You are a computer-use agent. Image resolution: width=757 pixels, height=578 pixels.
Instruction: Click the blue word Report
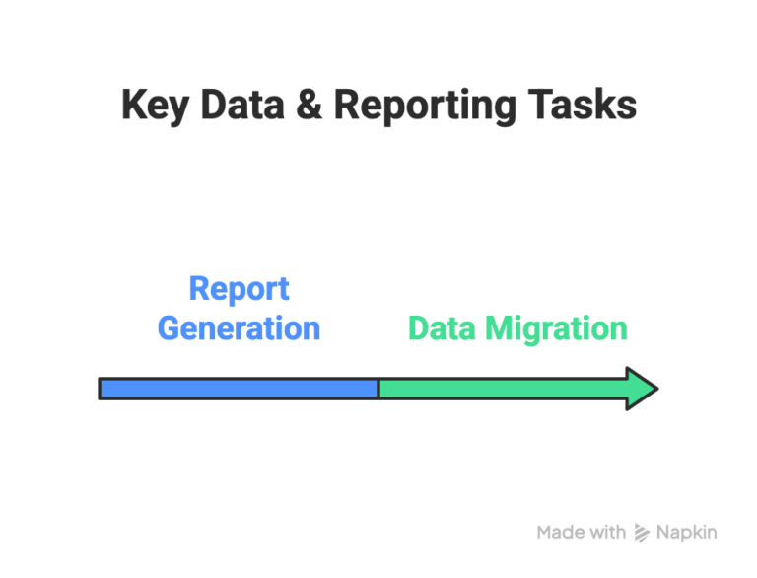(x=240, y=289)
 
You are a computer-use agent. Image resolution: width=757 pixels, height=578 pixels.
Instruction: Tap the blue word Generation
(x=240, y=328)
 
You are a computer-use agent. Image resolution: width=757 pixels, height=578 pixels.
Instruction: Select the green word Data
(x=443, y=328)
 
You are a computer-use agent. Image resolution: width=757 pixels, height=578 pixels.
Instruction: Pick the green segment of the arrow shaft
(x=503, y=389)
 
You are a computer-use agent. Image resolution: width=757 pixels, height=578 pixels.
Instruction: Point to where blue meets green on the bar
(x=379, y=389)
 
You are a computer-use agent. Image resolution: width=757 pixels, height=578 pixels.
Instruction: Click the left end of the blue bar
(x=103, y=389)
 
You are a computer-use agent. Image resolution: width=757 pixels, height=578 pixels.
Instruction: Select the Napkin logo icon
(x=642, y=533)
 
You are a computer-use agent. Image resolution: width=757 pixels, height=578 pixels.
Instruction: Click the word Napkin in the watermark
(x=686, y=533)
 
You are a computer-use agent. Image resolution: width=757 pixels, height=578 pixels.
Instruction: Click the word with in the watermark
(x=608, y=533)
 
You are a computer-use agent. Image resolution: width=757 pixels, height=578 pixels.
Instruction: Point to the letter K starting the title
(x=132, y=106)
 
